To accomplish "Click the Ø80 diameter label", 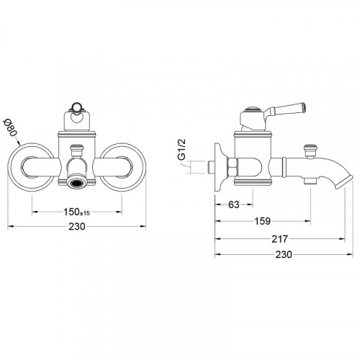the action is (x=10, y=128).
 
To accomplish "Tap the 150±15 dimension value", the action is (x=76, y=212).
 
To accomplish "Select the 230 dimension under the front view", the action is (x=77, y=226).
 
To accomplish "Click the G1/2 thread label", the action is (x=182, y=150).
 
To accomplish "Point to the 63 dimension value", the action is (x=234, y=204).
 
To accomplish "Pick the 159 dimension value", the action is (x=262, y=221).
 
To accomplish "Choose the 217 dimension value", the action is (x=279, y=239).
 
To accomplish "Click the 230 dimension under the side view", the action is (x=284, y=254).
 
